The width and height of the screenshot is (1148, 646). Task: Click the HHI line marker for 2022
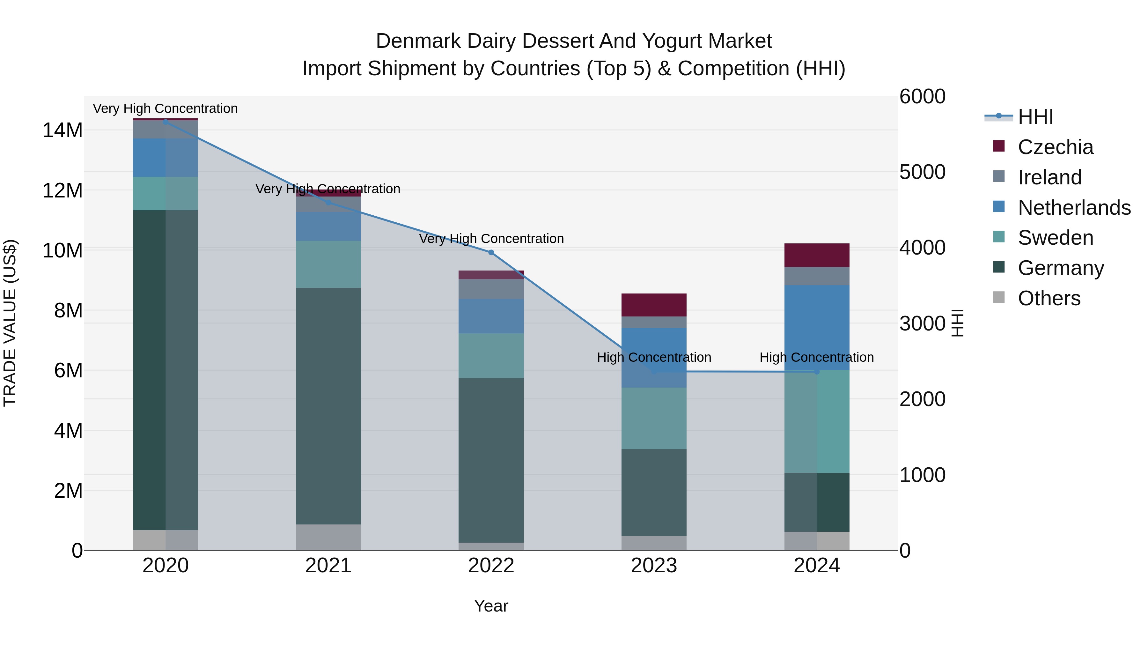[x=491, y=252]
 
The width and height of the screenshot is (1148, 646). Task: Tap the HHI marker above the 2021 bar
[x=328, y=202]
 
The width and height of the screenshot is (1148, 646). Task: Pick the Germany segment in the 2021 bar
[x=328, y=406]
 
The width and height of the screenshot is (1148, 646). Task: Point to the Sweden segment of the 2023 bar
[x=654, y=418]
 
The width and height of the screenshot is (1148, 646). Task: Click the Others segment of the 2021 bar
[x=328, y=537]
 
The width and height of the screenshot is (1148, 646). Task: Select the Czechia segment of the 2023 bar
[x=654, y=305]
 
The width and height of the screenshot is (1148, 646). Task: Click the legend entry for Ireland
[x=1049, y=177]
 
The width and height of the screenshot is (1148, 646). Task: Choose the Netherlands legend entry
[x=1074, y=208]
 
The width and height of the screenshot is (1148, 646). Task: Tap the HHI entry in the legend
[x=1035, y=117]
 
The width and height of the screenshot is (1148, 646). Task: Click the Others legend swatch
[x=999, y=297]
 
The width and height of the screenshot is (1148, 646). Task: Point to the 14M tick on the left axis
[x=63, y=130]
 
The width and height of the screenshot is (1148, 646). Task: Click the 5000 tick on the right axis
[x=922, y=172]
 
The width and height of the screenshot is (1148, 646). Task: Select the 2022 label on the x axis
[x=491, y=566]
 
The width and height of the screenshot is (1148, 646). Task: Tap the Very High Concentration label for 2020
[x=165, y=108]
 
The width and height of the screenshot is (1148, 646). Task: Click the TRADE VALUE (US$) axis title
[x=10, y=323]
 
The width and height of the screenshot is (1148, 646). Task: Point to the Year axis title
[x=491, y=606]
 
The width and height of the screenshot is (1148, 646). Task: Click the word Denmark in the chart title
[x=418, y=41]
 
